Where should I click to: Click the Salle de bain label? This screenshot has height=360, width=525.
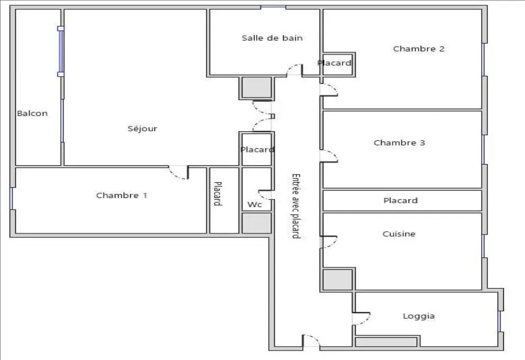point(272,38)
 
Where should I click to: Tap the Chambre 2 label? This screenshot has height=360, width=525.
point(419,49)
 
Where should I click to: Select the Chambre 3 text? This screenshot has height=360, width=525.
point(399,142)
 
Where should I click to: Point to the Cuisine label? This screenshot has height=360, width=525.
point(399,233)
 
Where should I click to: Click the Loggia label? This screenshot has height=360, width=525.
point(419,316)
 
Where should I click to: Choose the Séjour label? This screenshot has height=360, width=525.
point(142,129)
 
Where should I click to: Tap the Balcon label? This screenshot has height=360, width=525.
point(32,113)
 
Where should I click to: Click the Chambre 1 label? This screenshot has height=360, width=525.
point(122,195)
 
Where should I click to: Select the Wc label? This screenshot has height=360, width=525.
point(254,204)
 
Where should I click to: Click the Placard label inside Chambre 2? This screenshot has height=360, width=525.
point(334,63)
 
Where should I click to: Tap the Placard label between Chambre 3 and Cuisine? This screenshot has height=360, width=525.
point(400,200)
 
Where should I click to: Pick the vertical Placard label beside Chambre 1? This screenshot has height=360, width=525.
point(217,194)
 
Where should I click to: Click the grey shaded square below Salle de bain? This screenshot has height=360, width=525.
point(257,87)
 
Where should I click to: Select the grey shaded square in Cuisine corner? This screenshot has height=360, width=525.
point(338,280)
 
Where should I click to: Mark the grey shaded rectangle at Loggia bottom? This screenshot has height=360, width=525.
point(386,342)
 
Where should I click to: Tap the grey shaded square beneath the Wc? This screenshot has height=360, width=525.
point(257,223)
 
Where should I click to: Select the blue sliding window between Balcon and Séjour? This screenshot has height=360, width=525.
point(61,51)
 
